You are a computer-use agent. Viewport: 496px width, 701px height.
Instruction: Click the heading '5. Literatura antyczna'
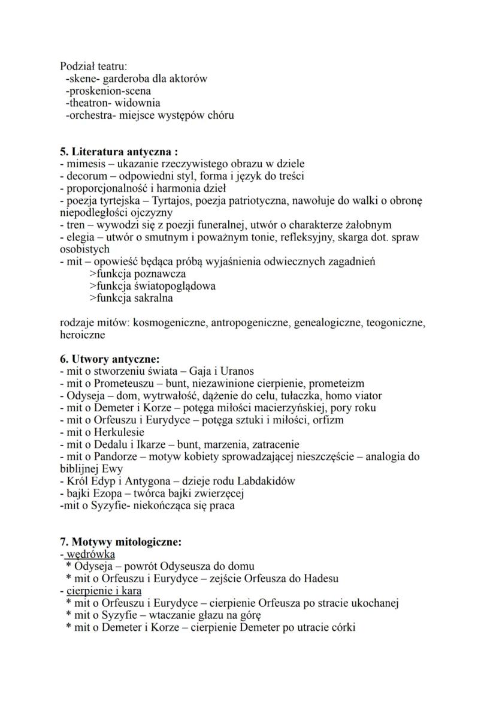(x=119, y=152)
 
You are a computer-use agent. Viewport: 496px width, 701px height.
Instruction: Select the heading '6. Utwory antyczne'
(x=110, y=360)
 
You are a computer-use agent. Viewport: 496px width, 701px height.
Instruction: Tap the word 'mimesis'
(x=83, y=164)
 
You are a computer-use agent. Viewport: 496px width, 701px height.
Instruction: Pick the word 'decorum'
(x=85, y=176)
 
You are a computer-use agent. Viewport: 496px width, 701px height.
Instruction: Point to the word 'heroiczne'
(x=83, y=335)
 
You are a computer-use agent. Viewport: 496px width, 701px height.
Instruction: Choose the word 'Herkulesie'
(x=119, y=432)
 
